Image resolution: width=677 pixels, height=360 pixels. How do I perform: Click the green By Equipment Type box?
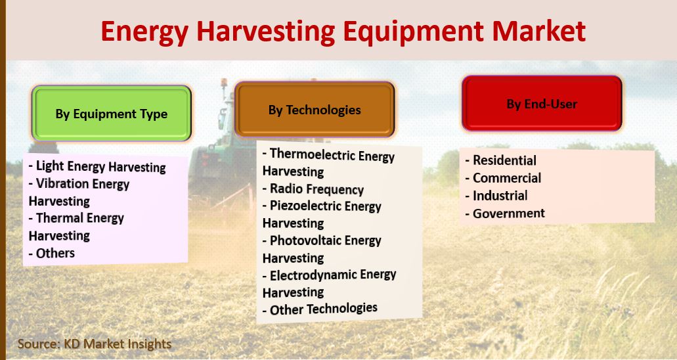112,113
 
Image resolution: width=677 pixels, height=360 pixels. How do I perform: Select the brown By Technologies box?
315,109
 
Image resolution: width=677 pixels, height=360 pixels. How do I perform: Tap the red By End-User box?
542,104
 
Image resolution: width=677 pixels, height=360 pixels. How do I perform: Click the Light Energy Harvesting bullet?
97,166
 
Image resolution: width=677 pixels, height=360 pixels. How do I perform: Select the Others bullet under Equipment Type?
52,253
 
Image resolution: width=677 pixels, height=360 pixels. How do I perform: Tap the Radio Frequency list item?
313,189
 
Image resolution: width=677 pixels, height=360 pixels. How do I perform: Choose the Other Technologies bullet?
320,309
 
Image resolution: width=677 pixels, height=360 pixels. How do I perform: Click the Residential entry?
501,160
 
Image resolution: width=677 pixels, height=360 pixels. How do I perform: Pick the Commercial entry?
504,178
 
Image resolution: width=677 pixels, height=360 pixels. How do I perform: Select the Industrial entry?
496,196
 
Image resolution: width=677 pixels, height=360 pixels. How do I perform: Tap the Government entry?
505,214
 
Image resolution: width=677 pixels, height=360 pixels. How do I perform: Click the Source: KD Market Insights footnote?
95,344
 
